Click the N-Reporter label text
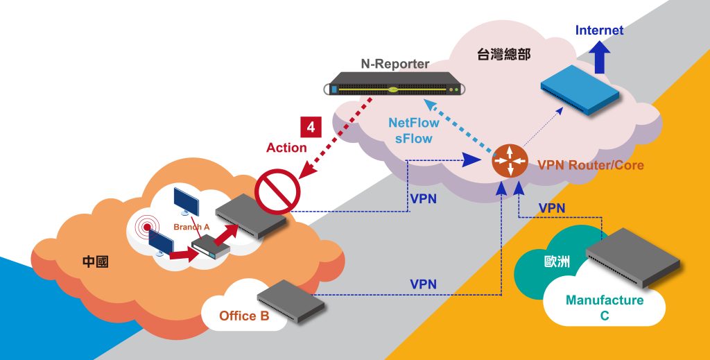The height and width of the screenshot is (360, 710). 395,65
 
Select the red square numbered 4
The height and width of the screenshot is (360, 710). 309,127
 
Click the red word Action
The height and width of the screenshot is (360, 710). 286,148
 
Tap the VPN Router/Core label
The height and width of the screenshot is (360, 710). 591,165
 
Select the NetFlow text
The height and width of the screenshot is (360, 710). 414,123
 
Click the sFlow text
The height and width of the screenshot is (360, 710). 414,138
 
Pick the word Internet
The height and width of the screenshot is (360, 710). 599,31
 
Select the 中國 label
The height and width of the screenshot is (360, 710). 96,262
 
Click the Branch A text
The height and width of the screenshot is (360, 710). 191,227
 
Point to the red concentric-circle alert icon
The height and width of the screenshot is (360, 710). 147,228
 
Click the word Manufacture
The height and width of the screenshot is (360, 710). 605,300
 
